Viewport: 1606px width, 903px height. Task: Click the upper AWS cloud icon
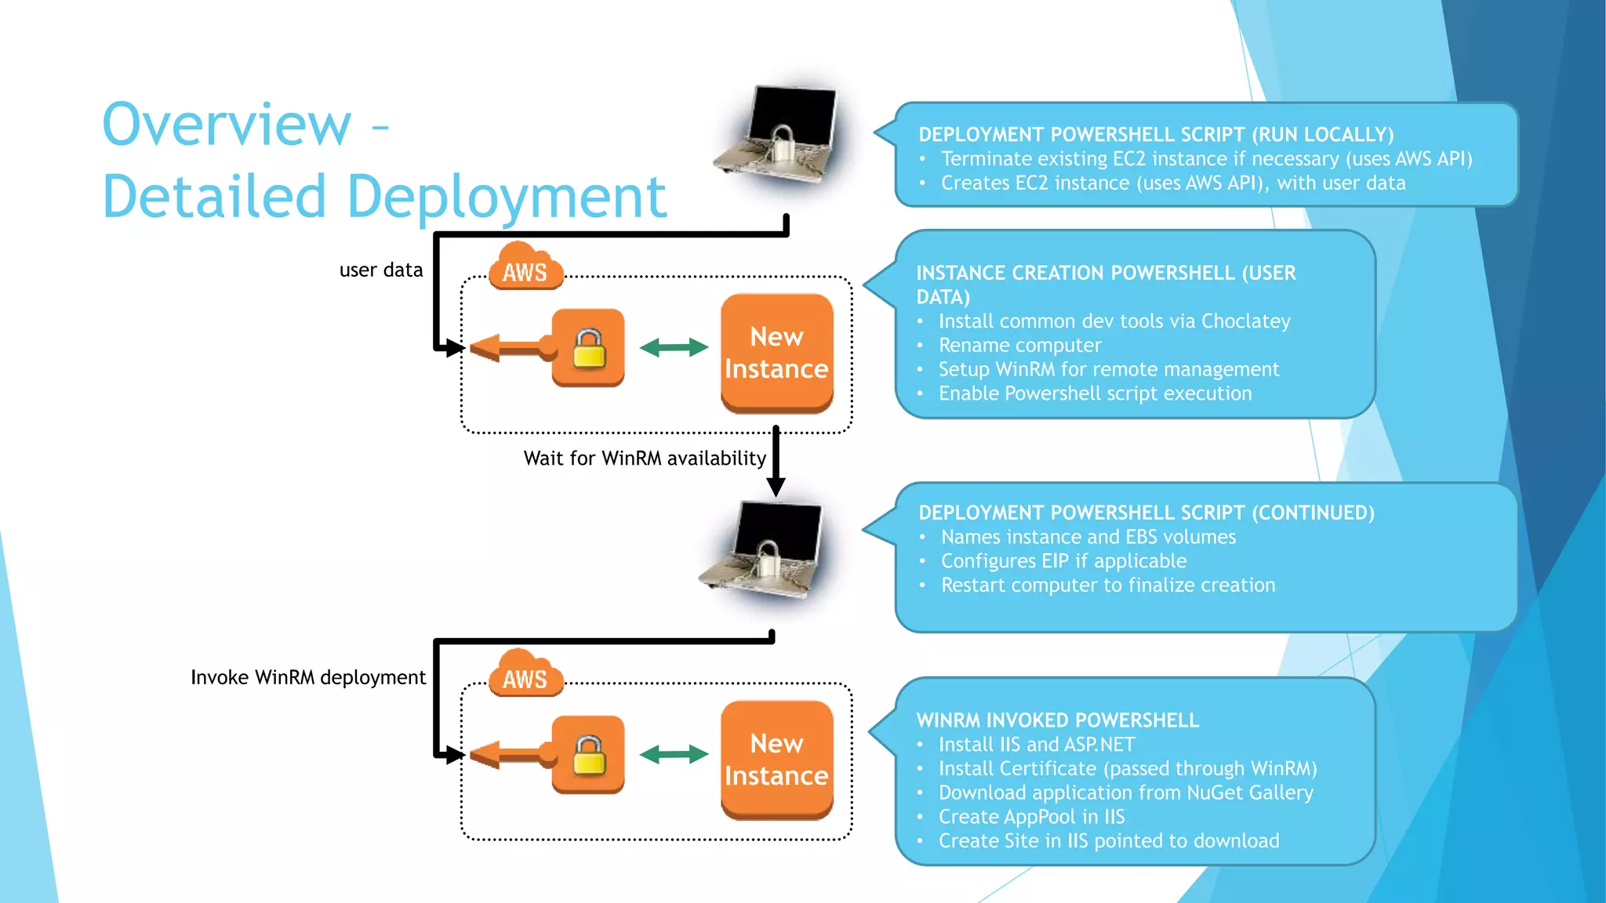[x=525, y=269]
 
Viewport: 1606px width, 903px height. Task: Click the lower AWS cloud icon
[x=525, y=676]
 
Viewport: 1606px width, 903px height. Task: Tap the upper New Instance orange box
[x=776, y=353]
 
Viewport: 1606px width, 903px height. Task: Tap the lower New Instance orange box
[x=776, y=760]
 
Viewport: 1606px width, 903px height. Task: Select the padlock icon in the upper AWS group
[x=588, y=348]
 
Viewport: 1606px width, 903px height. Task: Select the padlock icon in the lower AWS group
[x=588, y=755]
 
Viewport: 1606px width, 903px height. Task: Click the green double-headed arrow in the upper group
[x=674, y=347]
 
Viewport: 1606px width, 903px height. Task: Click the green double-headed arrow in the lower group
[x=674, y=755]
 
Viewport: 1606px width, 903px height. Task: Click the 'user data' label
[x=380, y=270]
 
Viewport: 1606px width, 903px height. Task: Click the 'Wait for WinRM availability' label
[x=644, y=459]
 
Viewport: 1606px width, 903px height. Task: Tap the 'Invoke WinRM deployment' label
[x=308, y=677]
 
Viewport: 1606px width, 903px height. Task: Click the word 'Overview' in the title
[x=227, y=125]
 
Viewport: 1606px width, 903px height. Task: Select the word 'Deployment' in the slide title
[x=506, y=197]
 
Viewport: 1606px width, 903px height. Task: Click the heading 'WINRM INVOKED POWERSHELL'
[x=1057, y=720]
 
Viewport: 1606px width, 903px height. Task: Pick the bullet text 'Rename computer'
[x=1019, y=346]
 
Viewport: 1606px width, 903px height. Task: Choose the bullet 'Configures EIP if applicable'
[x=1063, y=561]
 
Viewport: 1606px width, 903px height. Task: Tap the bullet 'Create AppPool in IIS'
[x=1031, y=817]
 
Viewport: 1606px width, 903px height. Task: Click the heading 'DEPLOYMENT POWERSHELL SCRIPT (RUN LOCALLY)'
[x=1156, y=135]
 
